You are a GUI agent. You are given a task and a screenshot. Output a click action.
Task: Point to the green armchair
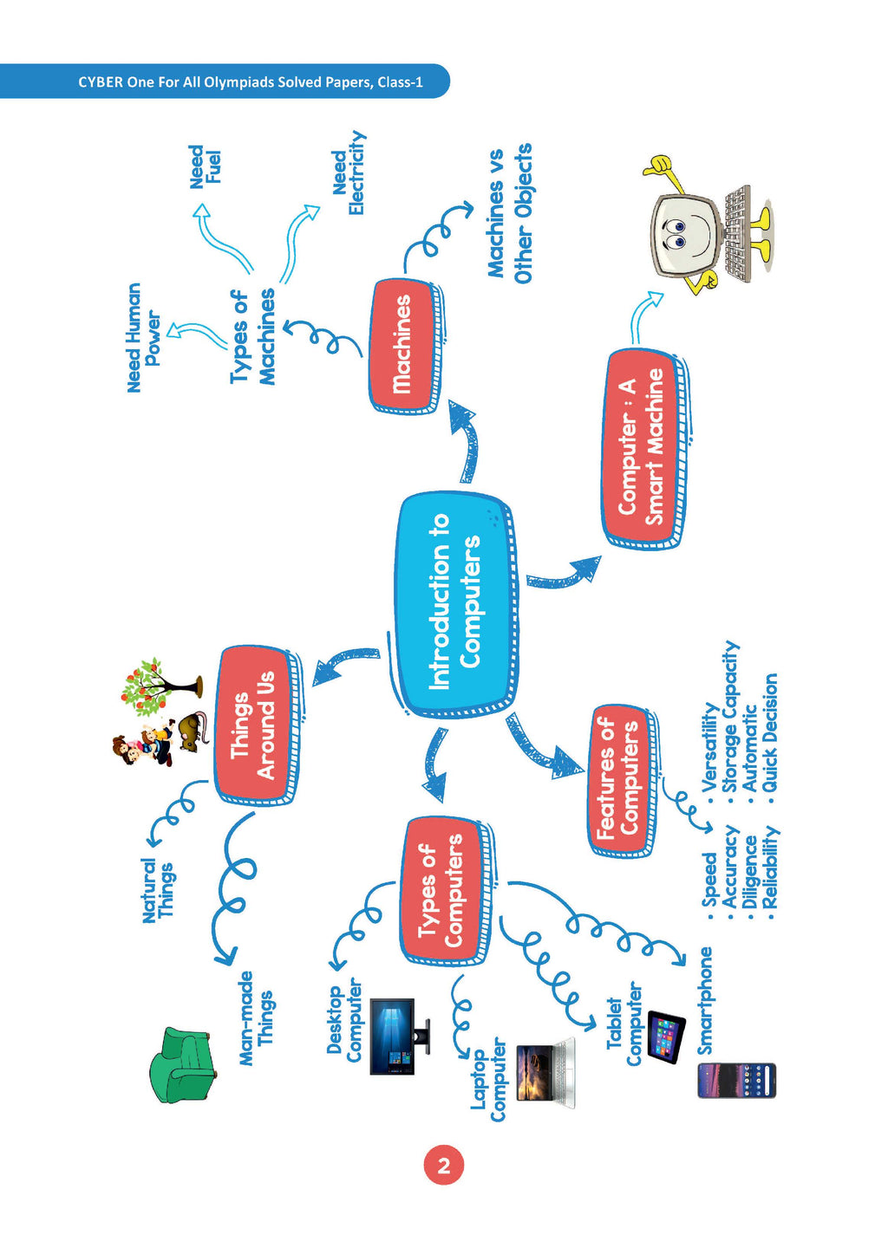[x=180, y=1065]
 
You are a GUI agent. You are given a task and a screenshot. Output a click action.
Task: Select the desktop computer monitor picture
[x=395, y=1037]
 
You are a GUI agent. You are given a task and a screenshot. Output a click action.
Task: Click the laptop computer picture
[x=545, y=1072]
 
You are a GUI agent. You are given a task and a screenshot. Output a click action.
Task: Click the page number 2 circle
[x=444, y=1166]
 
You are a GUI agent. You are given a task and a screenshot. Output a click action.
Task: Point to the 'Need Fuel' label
[x=206, y=166]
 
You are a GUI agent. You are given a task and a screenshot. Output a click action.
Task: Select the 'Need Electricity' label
[x=349, y=173]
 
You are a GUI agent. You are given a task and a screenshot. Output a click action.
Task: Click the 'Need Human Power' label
[x=143, y=338]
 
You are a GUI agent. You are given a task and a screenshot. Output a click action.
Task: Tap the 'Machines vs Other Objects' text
[x=509, y=213]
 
